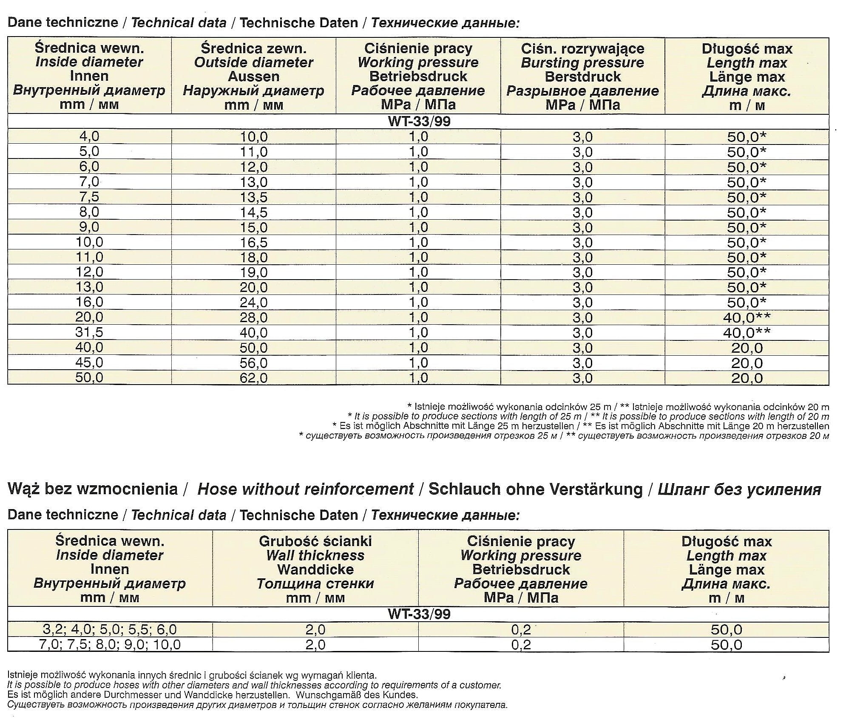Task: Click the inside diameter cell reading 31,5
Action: tap(89, 332)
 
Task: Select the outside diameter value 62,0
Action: tap(254, 378)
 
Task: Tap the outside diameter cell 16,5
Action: tap(254, 242)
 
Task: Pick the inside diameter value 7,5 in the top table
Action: tap(89, 197)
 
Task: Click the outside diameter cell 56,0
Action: tap(254, 363)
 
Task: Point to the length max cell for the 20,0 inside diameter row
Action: tap(746, 317)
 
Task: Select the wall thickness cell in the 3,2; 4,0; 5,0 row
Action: tap(315, 629)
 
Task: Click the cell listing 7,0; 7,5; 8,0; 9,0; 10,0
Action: tap(110, 645)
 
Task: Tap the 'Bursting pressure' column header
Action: tap(582, 63)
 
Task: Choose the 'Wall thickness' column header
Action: tap(315, 555)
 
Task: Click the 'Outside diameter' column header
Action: tap(254, 63)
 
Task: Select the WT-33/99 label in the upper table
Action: tap(419, 122)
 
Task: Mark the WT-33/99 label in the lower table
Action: tap(419, 614)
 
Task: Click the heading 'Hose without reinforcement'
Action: tap(306, 489)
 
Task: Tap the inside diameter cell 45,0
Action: tap(89, 362)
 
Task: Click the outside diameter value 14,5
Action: tap(254, 212)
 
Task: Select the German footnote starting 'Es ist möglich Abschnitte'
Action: tap(581, 426)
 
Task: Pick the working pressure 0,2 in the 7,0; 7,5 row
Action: tap(521, 645)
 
